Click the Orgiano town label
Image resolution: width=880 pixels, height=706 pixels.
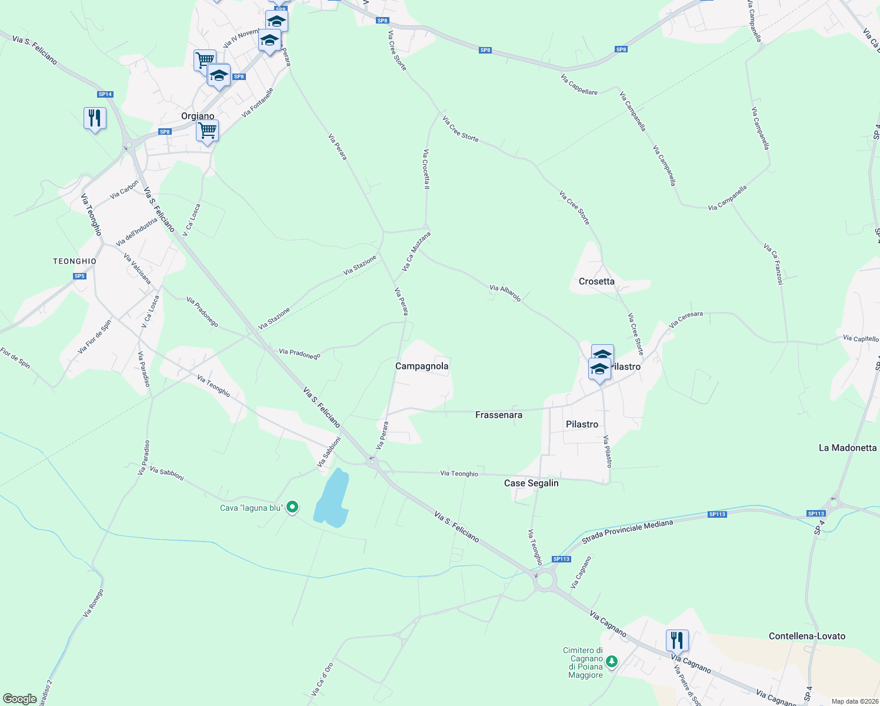(x=198, y=116)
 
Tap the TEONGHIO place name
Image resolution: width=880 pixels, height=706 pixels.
(x=75, y=261)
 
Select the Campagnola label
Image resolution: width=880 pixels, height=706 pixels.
(x=422, y=366)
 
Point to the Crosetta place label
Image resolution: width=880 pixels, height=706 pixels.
(x=596, y=281)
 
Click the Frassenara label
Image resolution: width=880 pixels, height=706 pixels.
(x=499, y=415)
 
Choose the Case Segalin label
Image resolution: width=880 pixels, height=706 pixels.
(x=531, y=483)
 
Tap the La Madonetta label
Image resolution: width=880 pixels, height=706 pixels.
(x=848, y=448)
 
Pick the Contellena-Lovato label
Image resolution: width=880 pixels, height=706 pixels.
(x=807, y=636)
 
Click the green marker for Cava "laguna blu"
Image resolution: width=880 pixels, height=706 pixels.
(x=292, y=507)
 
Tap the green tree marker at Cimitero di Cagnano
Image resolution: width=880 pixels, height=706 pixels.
(x=612, y=661)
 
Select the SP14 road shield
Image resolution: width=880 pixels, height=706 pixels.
(x=105, y=94)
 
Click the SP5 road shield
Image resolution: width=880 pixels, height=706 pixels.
(x=80, y=277)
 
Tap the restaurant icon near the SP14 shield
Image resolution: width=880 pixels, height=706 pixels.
(x=94, y=118)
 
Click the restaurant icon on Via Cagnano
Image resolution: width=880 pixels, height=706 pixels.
(x=677, y=640)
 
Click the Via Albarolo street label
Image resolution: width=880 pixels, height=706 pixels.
(x=505, y=293)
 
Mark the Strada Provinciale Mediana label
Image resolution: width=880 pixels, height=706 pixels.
(x=627, y=532)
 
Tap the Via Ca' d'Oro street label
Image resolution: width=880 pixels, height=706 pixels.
(x=322, y=680)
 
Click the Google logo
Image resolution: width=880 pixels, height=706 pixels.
(x=20, y=699)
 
